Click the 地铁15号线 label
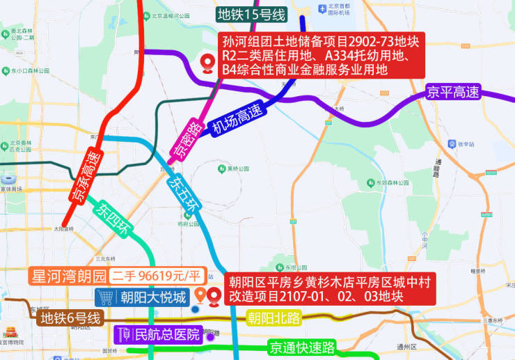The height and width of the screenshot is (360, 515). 251,15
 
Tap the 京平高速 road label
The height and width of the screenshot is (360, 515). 453,91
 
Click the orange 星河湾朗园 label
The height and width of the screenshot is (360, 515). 68,276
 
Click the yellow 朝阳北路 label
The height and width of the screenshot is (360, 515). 273,320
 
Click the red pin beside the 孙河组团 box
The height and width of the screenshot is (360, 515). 207,64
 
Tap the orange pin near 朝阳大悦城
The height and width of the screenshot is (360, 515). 200,295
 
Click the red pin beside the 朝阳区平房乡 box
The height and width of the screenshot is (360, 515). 214,297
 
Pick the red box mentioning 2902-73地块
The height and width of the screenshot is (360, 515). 322,55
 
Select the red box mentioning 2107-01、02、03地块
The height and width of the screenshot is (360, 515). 331,289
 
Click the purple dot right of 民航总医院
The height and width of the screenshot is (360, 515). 209,338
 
